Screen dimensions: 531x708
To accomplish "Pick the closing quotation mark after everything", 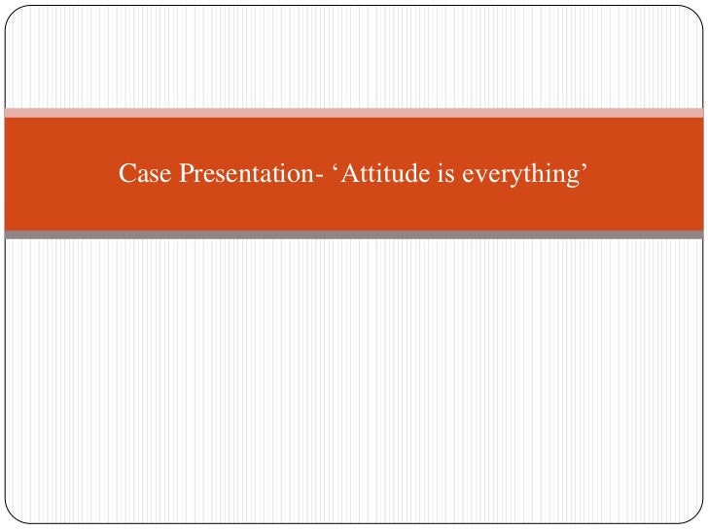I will point(586,168).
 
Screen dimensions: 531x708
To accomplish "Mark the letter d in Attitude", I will point(413,174).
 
